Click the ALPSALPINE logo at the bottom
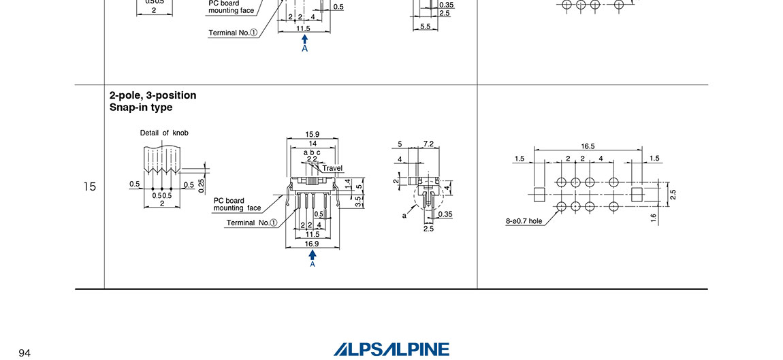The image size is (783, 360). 391,349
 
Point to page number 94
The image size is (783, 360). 25,353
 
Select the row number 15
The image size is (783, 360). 89,186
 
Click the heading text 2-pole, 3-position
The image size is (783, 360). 153,95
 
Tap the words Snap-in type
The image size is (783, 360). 141,108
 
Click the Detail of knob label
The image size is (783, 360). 164,133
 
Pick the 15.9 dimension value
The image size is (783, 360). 313,135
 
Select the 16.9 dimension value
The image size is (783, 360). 313,243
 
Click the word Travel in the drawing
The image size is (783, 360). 332,168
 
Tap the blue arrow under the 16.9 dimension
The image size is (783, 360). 313,255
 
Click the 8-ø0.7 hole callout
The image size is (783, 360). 524,221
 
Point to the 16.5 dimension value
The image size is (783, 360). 588,146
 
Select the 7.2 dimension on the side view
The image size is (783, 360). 428,144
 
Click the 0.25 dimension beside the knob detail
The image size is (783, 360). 202,186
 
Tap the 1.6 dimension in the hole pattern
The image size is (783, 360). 654,218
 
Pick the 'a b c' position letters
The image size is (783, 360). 312,152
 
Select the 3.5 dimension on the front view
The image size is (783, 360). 359,201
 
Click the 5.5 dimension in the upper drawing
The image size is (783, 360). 425,27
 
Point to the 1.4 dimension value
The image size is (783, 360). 347,184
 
